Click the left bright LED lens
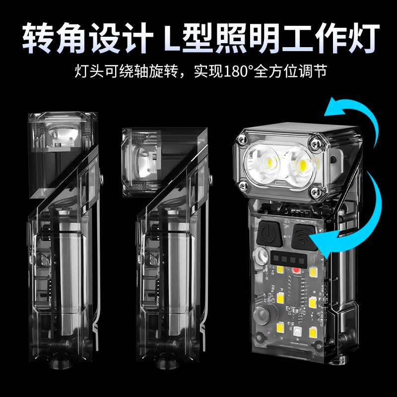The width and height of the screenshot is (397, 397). pos(267,161)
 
